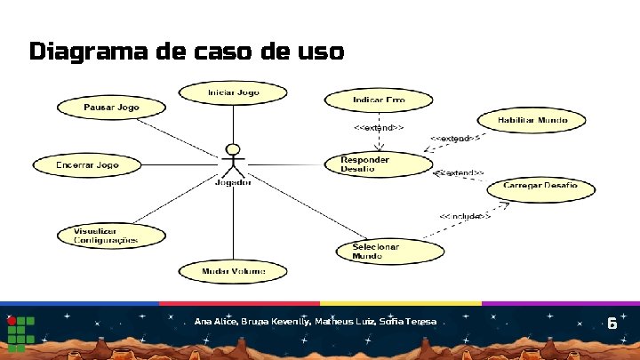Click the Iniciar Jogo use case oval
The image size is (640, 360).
[x=234, y=92]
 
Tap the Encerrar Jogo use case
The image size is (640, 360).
[x=87, y=165]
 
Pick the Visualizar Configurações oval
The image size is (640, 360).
[x=106, y=236]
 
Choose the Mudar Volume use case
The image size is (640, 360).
[x=233, y=270]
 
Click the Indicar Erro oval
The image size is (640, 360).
[x=379, y=100]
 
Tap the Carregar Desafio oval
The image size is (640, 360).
[x=540, y=186]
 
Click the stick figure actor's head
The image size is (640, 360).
[x=233, y=149]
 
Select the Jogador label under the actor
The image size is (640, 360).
[x=233, y=183]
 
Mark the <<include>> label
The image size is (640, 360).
[x=464, y=216]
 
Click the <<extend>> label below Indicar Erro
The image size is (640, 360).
[x=380, y=128]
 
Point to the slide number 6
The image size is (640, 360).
[x=612, y=324]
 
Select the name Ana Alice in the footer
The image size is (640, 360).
[x=216, y=321]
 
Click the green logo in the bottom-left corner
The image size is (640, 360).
[x=20, y=332]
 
